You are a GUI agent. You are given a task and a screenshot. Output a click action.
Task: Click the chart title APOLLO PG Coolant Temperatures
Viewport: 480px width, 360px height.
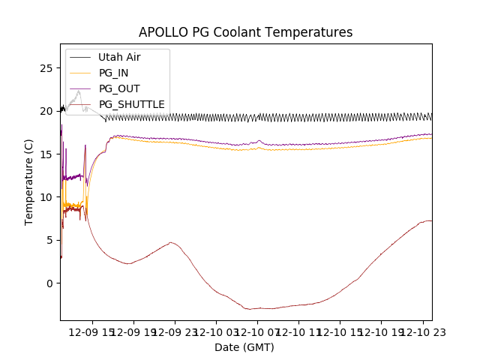click(245, 32)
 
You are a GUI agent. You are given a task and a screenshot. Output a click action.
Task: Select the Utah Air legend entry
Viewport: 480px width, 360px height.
click(119, 57)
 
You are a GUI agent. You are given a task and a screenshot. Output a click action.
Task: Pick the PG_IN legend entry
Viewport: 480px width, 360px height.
click(114, 73)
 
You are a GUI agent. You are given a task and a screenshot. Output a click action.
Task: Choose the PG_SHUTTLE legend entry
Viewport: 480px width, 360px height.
click(131, 104)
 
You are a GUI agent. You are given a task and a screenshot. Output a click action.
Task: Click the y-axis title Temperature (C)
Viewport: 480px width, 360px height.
click(29, 181)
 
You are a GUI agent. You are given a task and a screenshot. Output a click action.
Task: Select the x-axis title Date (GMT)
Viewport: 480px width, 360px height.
click(244, 347)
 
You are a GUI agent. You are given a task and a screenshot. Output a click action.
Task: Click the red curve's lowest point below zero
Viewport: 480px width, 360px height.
click(251, 309)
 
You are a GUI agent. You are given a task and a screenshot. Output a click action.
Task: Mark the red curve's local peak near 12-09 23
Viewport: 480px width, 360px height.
click(172, 242)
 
